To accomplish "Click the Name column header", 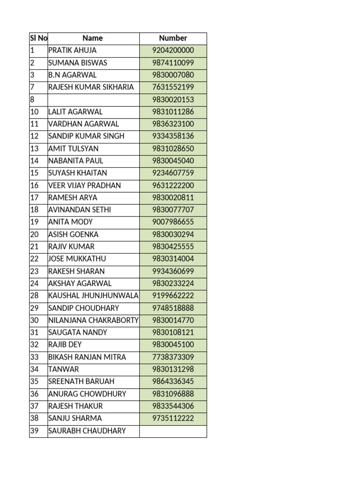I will (x=93, y=38).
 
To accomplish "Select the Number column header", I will (x=173, y=38).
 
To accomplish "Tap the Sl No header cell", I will (x=38, y=38).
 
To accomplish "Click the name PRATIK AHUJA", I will (x=72, y=51).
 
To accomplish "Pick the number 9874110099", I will (x=173, y=63).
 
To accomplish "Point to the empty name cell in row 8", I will (x=93, y=99).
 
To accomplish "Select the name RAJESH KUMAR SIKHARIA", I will (x=91, y=87).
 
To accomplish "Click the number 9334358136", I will (x=173, y=136).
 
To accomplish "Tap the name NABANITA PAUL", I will (x=75, y=161).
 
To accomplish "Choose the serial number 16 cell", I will (x=38, y=186).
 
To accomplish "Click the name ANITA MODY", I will (x=70, y=222).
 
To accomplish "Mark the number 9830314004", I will (x=173, y=259).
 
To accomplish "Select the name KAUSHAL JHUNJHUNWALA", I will (x=93, y=296).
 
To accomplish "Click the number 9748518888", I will (x=173, y=308).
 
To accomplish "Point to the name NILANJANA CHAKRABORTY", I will (x=93, y=320).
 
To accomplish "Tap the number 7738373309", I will (x=173, y=357).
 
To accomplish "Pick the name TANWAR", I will (x=64, y=369).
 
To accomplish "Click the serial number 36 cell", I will (x=38, y=394).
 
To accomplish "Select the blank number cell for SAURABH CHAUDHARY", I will (x=173, y=431).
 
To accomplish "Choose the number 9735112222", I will (x=173, y=419).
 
